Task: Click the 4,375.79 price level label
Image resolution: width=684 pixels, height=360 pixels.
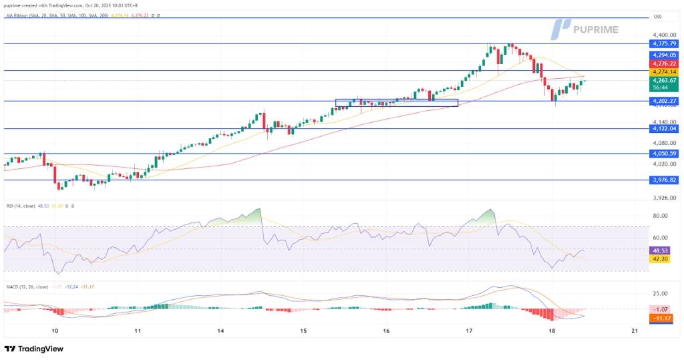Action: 665,43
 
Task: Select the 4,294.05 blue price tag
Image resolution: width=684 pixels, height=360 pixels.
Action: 665,55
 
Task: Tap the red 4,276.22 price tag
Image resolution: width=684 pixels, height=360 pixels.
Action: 665,63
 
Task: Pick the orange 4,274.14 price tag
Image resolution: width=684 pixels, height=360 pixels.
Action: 665,72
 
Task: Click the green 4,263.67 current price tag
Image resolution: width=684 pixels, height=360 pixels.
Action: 665,81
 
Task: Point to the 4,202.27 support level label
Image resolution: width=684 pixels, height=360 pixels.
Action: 665,102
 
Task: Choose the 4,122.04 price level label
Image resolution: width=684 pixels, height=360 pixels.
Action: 665,128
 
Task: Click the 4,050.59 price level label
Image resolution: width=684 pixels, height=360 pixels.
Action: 665,154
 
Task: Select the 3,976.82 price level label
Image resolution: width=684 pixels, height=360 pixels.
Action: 665,180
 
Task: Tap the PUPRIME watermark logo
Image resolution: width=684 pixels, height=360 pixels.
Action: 584,29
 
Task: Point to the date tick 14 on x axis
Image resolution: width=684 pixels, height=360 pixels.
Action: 220,331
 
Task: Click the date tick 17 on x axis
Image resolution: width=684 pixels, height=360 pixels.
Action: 470,331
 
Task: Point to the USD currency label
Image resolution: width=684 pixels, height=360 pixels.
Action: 658,17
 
